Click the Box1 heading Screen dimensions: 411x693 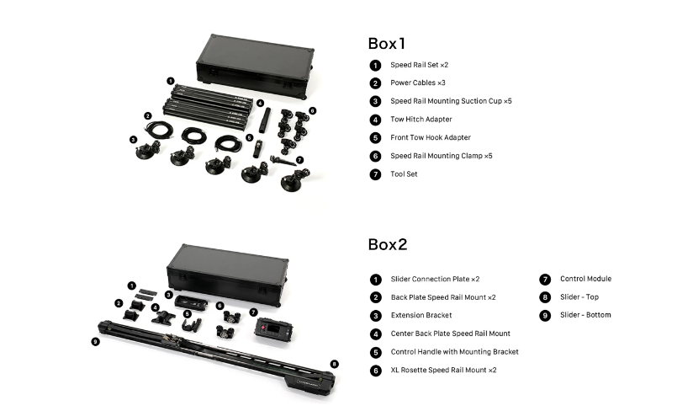(x=388, y=43)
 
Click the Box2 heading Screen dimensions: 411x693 (x=388, y=244)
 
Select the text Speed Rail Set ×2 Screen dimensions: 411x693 (x=425, y=65)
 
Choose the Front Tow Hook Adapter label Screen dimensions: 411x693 (x=431, y=137)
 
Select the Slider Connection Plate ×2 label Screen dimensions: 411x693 (x=435, y=279)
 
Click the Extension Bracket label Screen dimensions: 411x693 (x=421, y=315)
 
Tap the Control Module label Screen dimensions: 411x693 (x=585, y=279)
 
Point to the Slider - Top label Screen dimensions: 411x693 (x=579, y=297)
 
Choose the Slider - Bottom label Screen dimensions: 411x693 (x=585, y=315)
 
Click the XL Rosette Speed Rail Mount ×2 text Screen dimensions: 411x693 (x=443, y=370)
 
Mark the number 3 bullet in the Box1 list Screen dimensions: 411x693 (x=375, y=102)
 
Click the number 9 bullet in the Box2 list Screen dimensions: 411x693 (x=544, y=315)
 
